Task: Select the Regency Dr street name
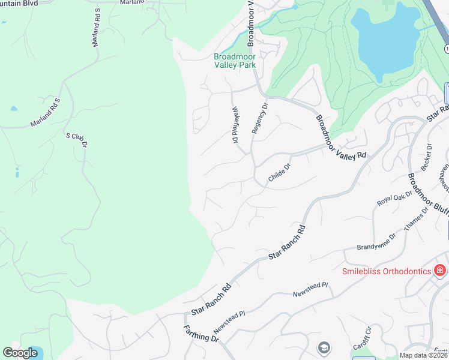[260, 117]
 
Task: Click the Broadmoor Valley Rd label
[340, 137]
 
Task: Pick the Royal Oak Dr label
[394, 197]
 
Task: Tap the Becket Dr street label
[426, 157]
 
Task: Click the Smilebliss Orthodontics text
[386, 271]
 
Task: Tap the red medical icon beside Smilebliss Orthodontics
[441, 271]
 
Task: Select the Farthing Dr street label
[201, 334]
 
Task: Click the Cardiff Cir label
[363, 339]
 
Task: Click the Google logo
[20, 352]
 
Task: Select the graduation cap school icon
[324, 347]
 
